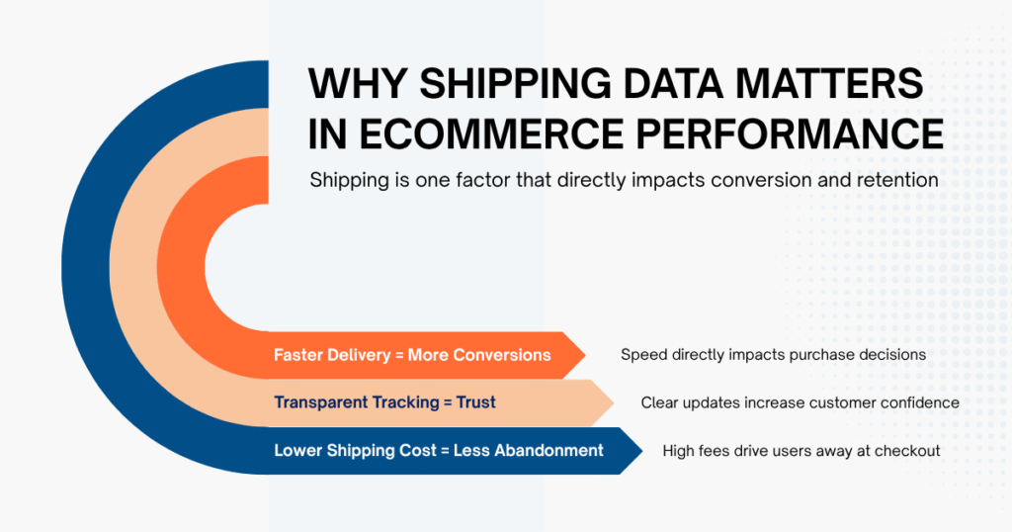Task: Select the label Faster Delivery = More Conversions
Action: click(x=412, y=355)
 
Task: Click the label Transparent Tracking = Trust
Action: click(x=384, y=402)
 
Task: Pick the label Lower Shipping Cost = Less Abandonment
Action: click(x=438, y=450)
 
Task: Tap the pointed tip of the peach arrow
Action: click(x=612, y=402)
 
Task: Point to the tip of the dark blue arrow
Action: click(x=642, y=450)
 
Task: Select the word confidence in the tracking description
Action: click(x=919, y=402)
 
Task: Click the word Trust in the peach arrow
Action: click(x=475, y=402)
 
